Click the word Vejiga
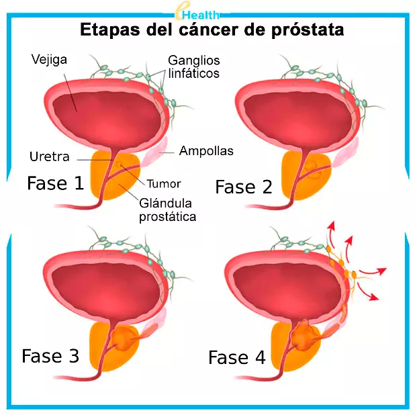coord(48,58)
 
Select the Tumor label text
coord(163,183)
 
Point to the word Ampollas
coord(206,151)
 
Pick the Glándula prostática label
coord(167,210)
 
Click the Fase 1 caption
coord(55,183)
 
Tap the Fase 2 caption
coord(243,187)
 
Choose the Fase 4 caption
coord(237,358)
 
